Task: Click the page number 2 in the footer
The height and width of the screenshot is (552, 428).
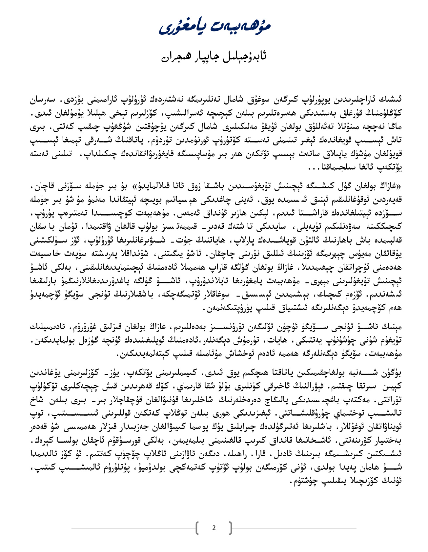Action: pos(214,528)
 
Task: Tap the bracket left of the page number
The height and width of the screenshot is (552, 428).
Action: pos(197,528)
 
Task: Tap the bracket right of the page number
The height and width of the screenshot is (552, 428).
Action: pos(231,528)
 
